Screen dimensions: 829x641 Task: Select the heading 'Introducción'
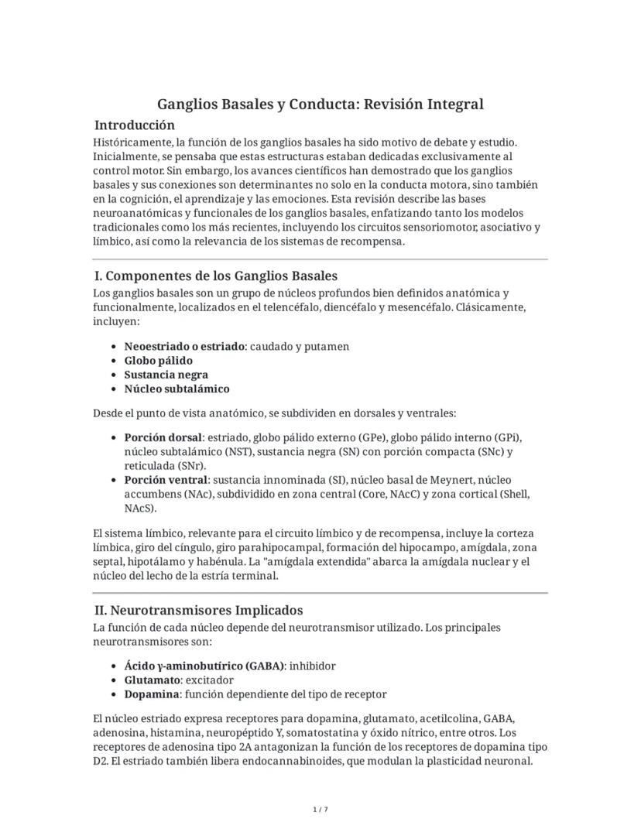[134, 125]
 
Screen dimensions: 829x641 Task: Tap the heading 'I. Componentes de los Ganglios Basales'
[214, 276]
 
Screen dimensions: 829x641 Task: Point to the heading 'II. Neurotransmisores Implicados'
[197, 610]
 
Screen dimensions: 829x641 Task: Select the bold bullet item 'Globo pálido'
[158, 361]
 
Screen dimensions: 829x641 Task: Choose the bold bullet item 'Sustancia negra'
[166, 375]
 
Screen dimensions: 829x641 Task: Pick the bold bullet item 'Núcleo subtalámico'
[177, 389]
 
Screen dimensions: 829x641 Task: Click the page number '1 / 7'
[320, 810]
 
